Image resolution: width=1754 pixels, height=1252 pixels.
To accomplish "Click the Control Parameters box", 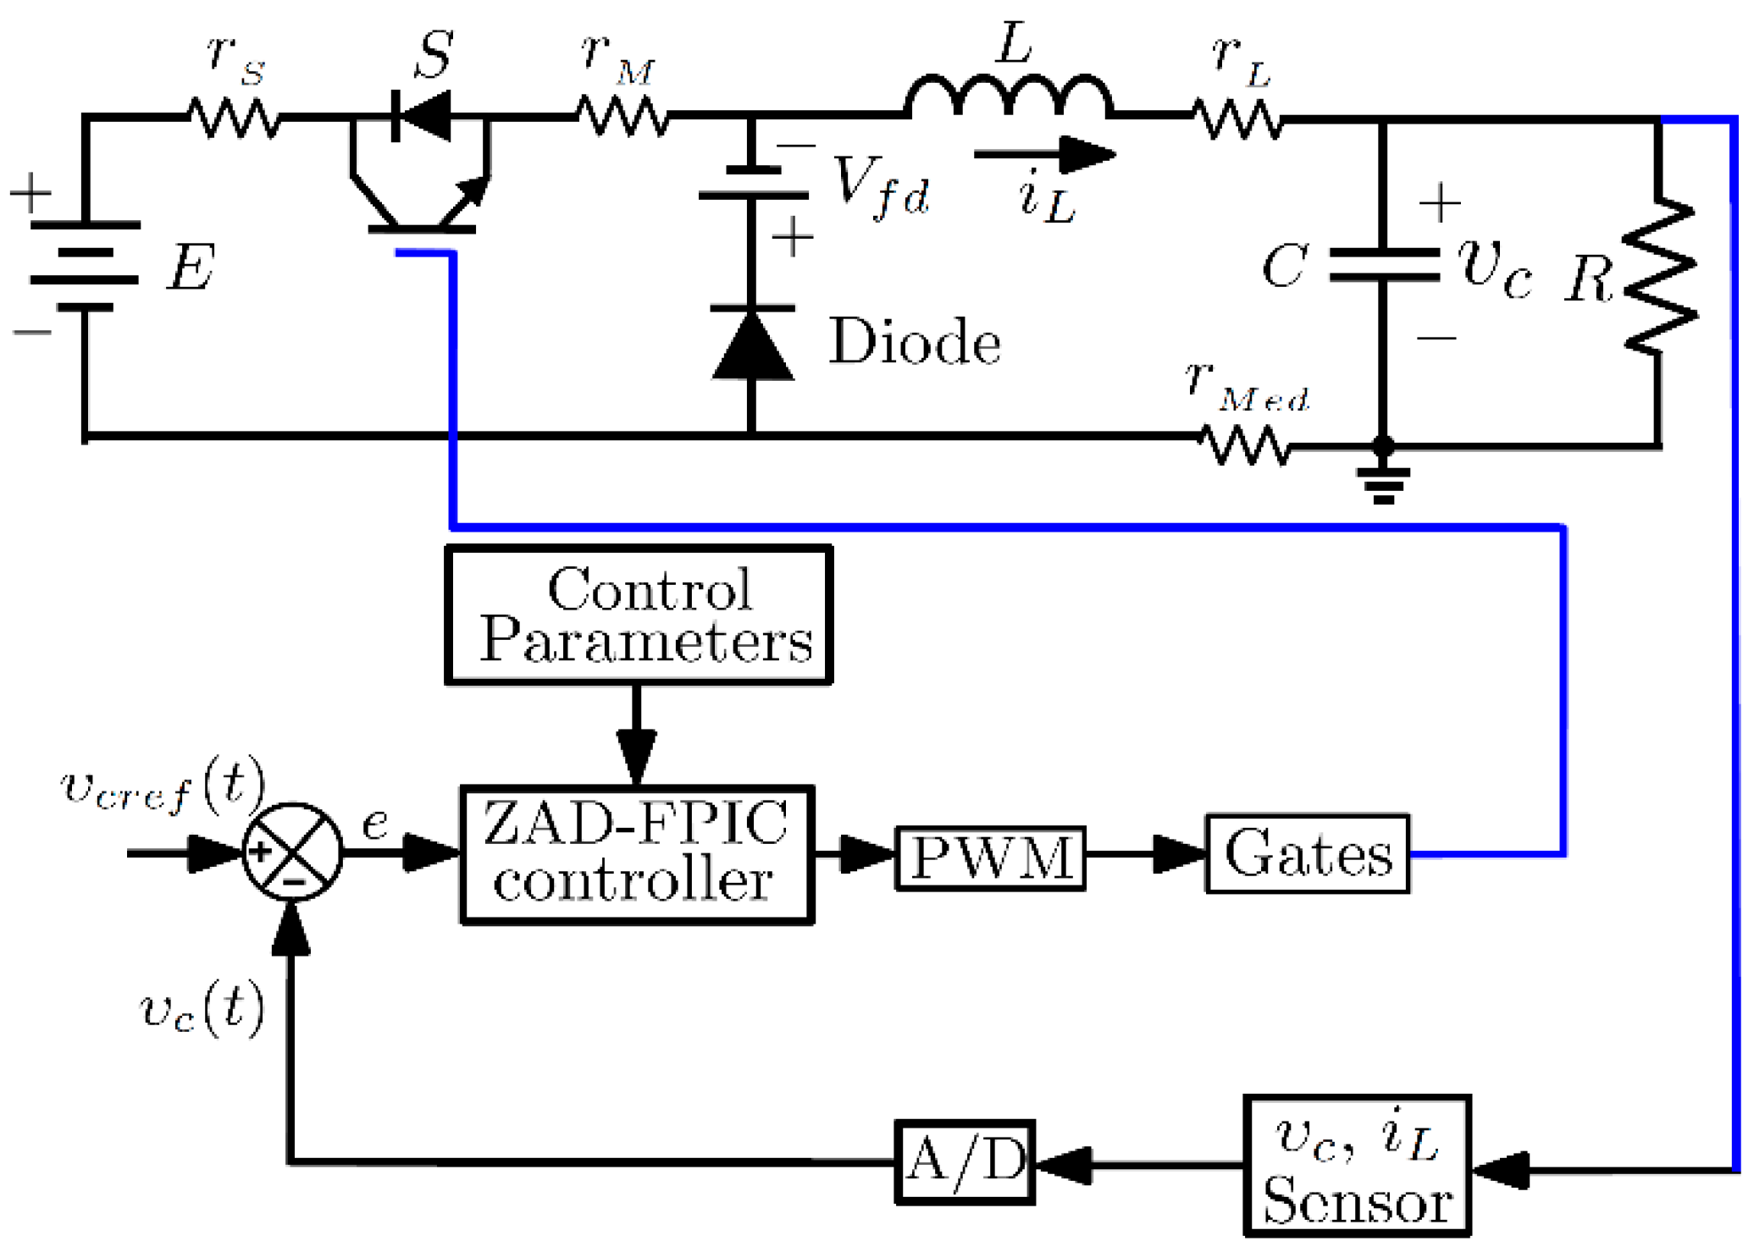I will click(x=639, y=615).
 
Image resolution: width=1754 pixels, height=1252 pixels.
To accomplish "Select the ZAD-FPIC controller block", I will click(x=637, y=854).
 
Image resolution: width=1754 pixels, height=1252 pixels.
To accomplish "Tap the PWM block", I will click(x=990, y=858).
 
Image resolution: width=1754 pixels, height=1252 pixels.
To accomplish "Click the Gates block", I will click(x=1307, y=853).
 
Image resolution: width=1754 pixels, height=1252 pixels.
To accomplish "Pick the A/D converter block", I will click(x=965, y=1161).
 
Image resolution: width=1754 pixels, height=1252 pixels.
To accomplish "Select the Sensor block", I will click(x=1356, y=1166).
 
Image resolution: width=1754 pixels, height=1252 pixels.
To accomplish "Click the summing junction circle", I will click(x=292, y=852).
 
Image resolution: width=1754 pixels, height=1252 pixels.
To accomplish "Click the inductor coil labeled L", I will click(x=1008, y=95).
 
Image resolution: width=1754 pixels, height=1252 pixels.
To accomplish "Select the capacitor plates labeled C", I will click(x=1383, y=265).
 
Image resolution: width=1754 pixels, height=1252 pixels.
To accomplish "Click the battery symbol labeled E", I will click(x=85, y=266).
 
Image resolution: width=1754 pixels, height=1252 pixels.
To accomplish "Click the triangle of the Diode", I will click(x=752, y=347).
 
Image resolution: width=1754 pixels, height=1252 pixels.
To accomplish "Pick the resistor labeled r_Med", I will click(x=1245, y=444).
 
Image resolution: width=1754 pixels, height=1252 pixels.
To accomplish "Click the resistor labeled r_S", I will click(x=234, y=118).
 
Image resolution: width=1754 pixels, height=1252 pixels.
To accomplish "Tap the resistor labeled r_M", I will click(x=622, y=116).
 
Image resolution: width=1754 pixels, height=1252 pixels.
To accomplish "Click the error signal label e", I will click(x=375, y=823).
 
